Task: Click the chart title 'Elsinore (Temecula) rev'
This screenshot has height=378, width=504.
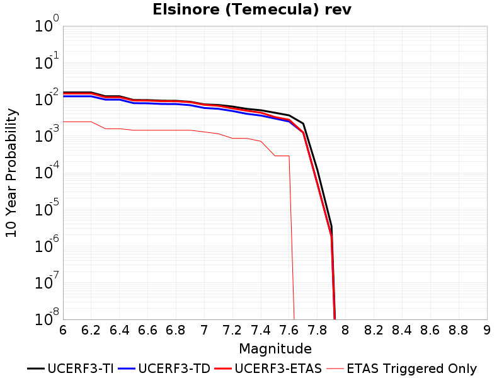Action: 252,9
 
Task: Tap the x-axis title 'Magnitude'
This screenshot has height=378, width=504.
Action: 275,349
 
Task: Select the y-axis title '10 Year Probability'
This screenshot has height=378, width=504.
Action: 11,173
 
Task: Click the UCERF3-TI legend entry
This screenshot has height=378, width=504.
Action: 71,369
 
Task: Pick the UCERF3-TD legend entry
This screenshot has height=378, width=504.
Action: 164,369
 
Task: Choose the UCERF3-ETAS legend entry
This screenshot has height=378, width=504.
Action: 268,369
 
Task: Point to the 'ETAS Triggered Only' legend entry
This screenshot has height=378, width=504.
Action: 401,369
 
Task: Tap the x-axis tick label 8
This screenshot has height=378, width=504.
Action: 345,330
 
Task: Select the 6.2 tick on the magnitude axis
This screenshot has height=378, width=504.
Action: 91,330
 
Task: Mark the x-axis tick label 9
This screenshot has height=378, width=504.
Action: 487,330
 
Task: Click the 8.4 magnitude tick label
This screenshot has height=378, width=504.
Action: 402,330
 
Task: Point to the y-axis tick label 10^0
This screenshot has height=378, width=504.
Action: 47,24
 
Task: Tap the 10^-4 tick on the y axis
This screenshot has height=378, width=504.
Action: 47,171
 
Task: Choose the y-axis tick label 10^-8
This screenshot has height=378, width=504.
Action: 47,318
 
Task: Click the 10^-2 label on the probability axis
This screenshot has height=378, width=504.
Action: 47,98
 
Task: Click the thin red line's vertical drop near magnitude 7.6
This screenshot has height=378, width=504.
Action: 292,238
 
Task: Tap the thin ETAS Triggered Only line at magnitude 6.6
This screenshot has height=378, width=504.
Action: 147,130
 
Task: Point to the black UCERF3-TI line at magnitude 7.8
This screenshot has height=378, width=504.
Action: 318,170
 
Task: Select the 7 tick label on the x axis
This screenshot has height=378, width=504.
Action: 204,330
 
